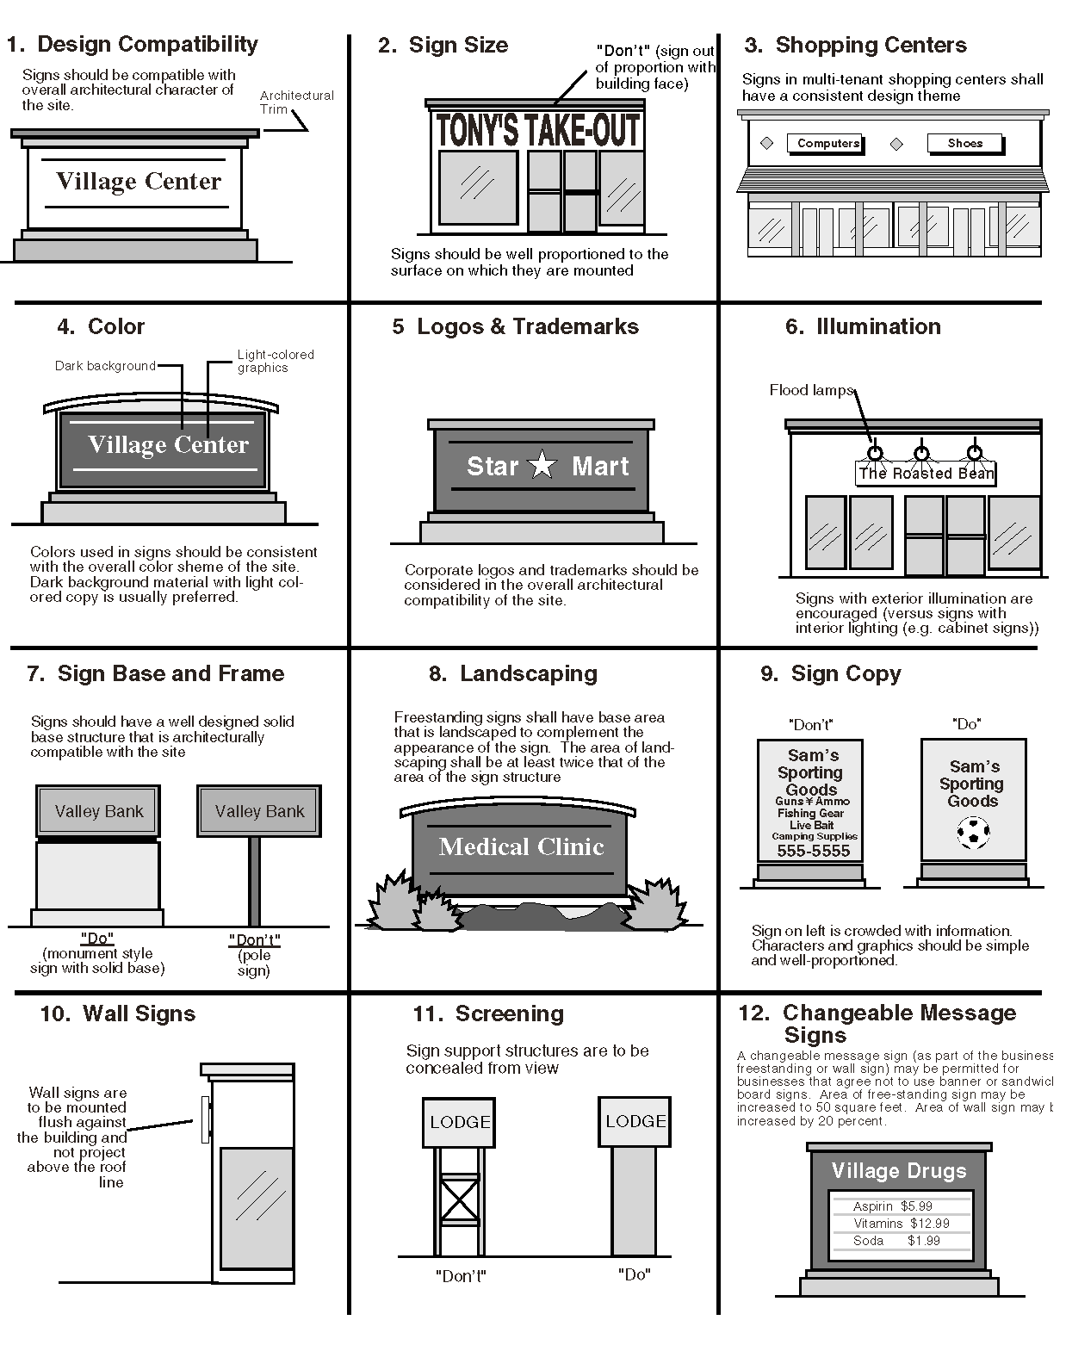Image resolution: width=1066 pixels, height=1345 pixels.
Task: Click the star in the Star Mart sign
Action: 542,465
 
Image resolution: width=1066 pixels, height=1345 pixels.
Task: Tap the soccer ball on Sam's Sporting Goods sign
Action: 973,833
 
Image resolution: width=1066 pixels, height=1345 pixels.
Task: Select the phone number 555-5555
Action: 813,851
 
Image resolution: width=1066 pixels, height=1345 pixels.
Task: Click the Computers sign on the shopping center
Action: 827,143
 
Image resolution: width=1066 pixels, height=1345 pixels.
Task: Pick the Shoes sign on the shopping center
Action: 964,143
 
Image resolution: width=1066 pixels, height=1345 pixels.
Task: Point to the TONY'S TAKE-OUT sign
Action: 538,130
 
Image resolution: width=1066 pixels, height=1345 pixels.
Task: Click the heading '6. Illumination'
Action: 863,326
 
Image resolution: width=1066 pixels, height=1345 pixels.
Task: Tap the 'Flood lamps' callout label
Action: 810,390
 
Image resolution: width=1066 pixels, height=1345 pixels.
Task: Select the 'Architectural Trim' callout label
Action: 296,102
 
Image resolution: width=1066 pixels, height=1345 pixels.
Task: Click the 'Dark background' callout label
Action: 105,366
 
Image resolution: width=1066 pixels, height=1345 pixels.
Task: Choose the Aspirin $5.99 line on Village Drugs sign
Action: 892,1206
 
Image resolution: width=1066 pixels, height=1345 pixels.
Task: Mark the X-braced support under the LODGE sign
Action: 459,1198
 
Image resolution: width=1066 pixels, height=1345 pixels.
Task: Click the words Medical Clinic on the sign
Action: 521,846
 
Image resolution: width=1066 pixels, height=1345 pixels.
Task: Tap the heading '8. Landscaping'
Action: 513,673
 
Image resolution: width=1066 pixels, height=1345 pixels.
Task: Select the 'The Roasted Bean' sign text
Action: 926,474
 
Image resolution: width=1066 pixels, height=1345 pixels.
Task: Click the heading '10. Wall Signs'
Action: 118,1013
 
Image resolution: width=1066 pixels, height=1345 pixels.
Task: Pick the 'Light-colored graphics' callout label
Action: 275,361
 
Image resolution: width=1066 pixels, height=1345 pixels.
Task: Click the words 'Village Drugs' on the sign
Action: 899,1171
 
